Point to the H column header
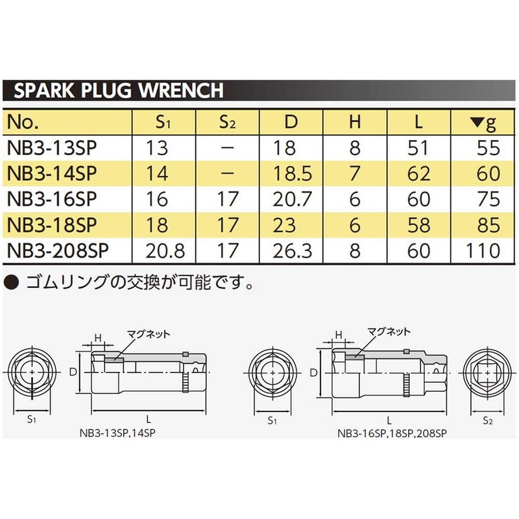tap(354, 123)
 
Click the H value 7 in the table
tap(354, 174)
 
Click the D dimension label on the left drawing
tap(73, 372)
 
